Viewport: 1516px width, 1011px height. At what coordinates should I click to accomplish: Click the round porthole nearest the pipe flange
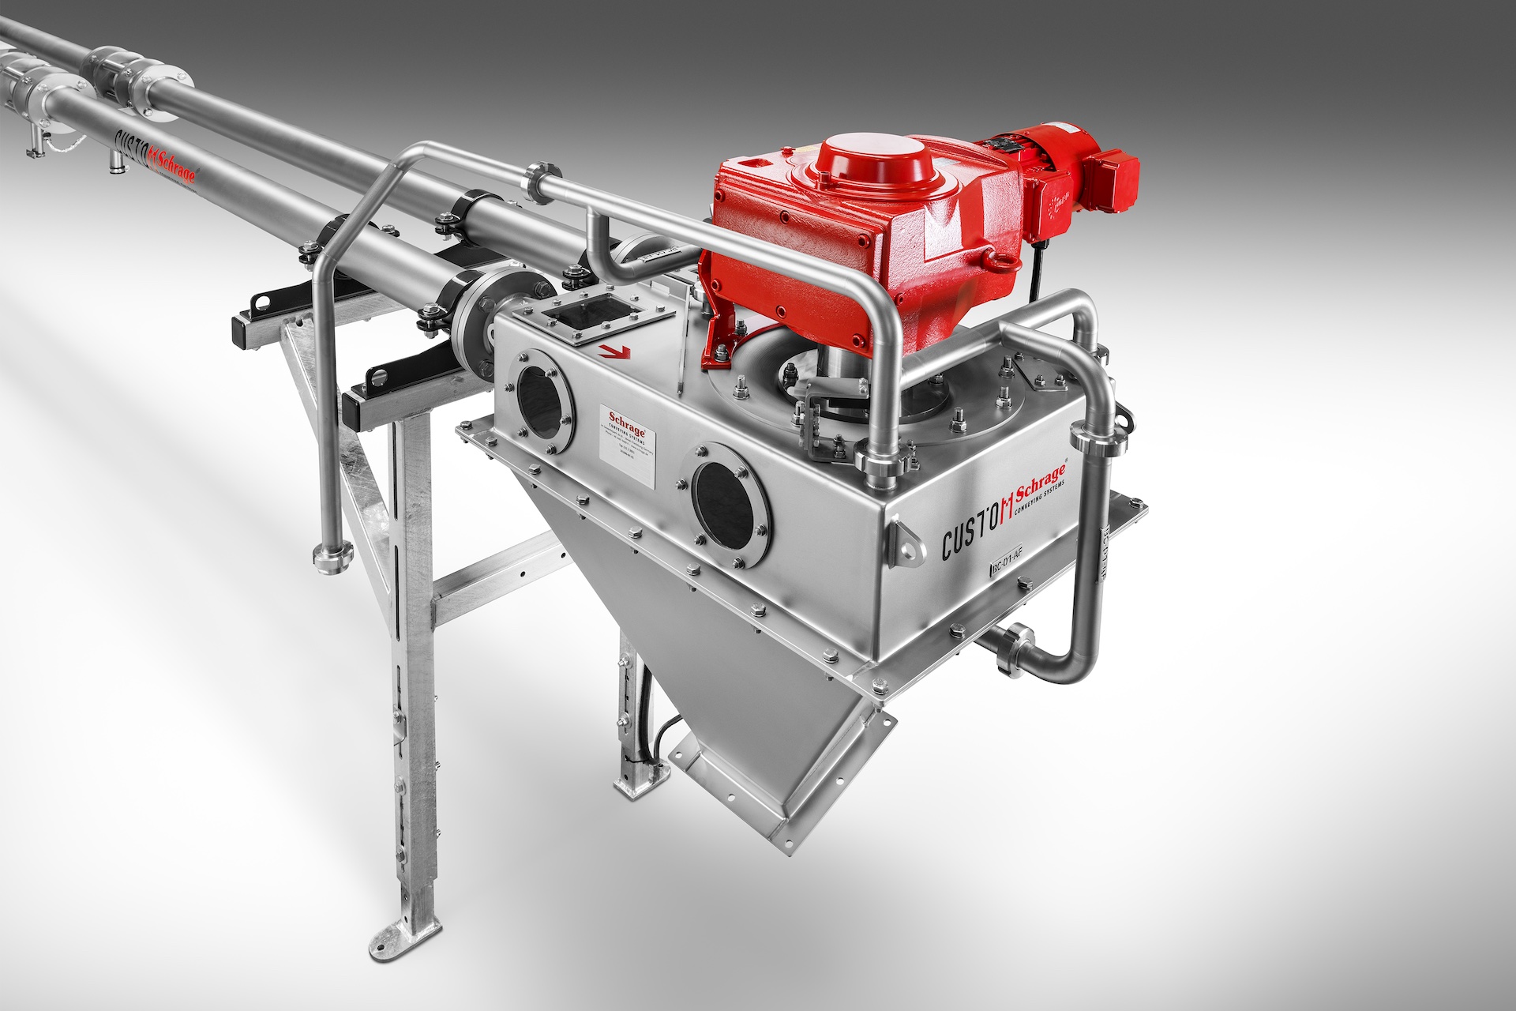tap(545, 400)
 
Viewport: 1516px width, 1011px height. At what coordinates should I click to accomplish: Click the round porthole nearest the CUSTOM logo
tap(731, 504)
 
